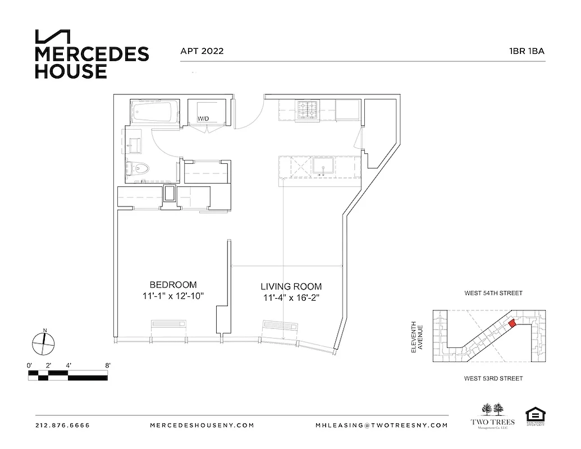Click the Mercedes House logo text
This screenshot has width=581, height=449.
(x=92, y=62)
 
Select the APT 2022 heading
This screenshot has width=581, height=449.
(x=202, y=51)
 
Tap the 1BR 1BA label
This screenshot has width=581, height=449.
(x=527, y=51)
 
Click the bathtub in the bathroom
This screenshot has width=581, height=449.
(x=153, y=112)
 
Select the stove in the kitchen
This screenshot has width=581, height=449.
(x=308, y=110)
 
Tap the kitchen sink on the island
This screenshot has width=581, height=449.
(x=323, y=166)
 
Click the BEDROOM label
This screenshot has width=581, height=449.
(x=173, y=285)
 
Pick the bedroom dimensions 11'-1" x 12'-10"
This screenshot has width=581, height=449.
(x=173, y=296)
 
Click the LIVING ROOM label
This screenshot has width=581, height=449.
(x=291, y=286)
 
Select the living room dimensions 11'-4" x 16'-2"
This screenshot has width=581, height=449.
(x=291, y=298)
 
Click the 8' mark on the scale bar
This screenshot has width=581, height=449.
(x=107, y=365)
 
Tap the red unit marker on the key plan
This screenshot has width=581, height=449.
(x=512, y=323)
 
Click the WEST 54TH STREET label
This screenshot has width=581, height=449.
(x=493, y=293)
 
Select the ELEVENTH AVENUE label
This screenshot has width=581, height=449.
(x=417, y=337)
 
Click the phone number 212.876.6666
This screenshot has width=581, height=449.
(x=62, y=425)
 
